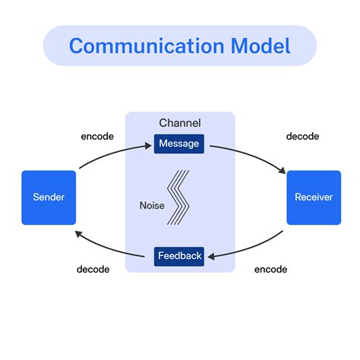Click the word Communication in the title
(142, 46)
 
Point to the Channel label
(179, 123)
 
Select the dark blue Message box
(179, 143)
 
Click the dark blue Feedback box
(179, 256)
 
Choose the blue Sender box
(49, 197)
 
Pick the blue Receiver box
(314, 197)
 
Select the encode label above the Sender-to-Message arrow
(97, 137)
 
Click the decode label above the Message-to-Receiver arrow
(302, 137)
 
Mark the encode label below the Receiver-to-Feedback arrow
(270, 269)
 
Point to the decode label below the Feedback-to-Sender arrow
(93, 269)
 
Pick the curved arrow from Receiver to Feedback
(254, 248)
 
